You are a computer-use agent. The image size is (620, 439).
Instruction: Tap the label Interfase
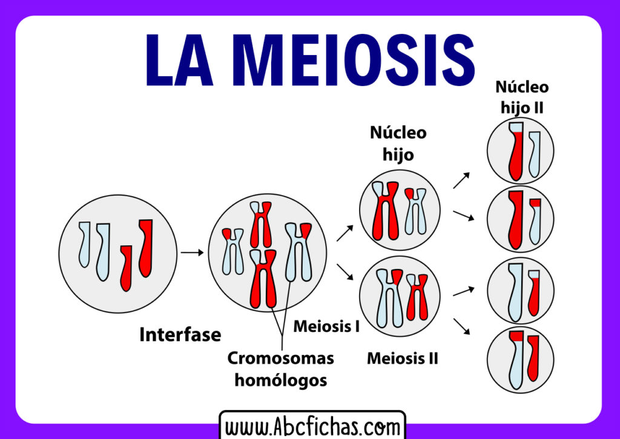point(180,334)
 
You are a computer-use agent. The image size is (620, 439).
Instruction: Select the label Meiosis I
point(326,326)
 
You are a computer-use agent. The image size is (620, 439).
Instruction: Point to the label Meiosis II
point(402,358)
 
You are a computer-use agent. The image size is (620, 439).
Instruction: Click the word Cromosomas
point(280,358)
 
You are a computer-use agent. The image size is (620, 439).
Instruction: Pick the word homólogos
point(280,380)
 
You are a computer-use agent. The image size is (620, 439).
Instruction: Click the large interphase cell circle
point(117,254)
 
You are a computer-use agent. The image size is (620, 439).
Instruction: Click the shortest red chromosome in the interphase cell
point(126,267)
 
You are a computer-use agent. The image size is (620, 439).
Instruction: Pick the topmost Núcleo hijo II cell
point(520,151)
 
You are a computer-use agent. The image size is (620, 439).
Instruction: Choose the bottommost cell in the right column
point(520,361)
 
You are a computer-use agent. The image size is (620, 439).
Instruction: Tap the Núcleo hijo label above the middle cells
point(398,144)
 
